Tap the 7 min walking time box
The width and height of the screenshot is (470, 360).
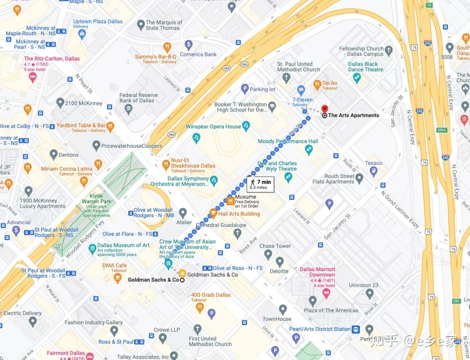pyautogui.click(x=260, y=185)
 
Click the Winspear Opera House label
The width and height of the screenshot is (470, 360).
pyautogui.click(x=213, y=127)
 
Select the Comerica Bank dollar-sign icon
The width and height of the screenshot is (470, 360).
pyautogui.click(x=188, y=44)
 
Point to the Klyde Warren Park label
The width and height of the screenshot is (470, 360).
pyautogui.click(x=97, y=199)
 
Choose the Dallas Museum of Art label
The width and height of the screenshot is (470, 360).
pyautogui.click(x=123, y=246)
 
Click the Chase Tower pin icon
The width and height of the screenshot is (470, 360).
pyautogui.click(x=279, y=261)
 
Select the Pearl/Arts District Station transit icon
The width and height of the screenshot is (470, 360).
pyautogui.click(x=356, y=329)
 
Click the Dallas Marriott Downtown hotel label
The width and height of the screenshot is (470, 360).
pyautogui.click(x=317, y=272)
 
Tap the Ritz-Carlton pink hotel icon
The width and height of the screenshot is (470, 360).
pyautogui.click(x=32, y=77)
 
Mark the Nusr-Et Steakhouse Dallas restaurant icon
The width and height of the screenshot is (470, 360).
pyautogui.click(x=165, y=165)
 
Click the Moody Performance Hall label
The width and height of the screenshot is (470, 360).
pyautogui.click(x=288, y=141)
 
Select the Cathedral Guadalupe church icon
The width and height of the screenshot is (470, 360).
pyautogui.click(x=238, y=233)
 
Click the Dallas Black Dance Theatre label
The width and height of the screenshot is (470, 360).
pyautogui.click(x=366, y=67)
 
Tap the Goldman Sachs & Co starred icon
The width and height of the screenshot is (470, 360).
pyautogui.click(x=182, y=273)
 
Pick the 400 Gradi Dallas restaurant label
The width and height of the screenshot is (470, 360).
pyautogui.click(x=211, y=295)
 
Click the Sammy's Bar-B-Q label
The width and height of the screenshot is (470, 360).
pyautogui.click(x=155, y=57)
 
